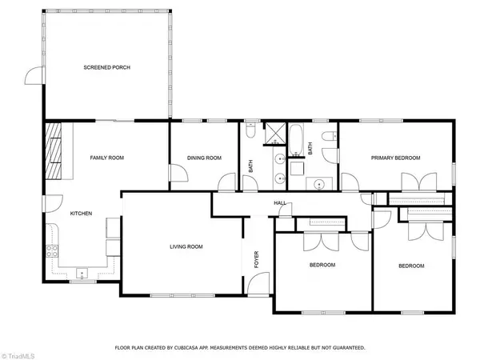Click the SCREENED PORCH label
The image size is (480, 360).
[107, 67]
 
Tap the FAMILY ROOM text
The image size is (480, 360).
[107, 158]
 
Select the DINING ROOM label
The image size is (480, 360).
[204, 158]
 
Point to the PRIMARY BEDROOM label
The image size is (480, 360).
[395, 158]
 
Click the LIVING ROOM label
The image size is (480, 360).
[186, 246]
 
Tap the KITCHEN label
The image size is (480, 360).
[81, 214]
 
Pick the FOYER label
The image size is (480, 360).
[257, 259]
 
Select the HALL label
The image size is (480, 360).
[280, 203]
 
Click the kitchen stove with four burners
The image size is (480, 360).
[52, 251]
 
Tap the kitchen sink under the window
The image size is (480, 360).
[82, 274]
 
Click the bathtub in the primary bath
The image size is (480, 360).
[296, 139]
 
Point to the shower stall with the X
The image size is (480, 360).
[274, 134]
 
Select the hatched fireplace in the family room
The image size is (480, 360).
[54, 151]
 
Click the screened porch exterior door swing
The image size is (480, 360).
[34, 75]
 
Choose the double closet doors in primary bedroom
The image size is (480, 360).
[419, 182]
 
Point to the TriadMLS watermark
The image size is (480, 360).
[18, 356]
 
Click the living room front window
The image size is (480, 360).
[182, 296]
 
